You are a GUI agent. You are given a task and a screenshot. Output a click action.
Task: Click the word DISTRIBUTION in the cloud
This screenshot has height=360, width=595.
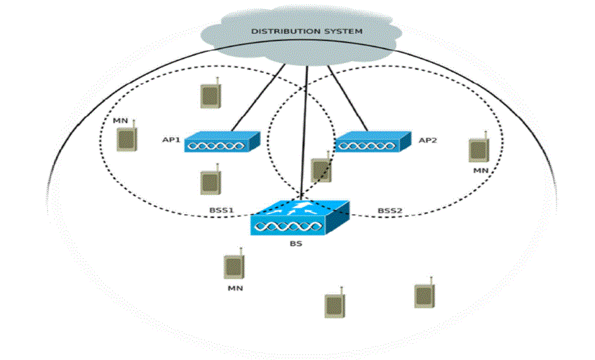tap(282, 32)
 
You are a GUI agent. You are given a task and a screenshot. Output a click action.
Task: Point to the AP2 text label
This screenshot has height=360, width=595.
tap(427, 140)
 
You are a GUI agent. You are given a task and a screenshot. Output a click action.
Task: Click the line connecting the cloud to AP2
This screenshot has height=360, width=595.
tap(347, 98)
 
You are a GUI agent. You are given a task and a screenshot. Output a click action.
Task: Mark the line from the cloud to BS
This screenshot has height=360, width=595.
tap(305, 126)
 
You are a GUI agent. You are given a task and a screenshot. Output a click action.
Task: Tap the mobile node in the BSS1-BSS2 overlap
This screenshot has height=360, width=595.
tap(320, 171)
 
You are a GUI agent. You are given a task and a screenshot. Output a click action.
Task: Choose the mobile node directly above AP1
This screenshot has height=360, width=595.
tap(209, 95)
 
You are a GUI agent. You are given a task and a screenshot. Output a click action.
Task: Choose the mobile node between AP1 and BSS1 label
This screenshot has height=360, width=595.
tap(209, 182)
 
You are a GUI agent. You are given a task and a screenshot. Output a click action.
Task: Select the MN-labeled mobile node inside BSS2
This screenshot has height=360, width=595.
tap(479, 149)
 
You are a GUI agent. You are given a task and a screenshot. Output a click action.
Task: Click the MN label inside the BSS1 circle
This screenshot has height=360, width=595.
tap(121, 121)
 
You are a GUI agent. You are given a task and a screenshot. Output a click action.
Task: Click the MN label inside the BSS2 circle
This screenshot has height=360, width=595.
tap(480, 171)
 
